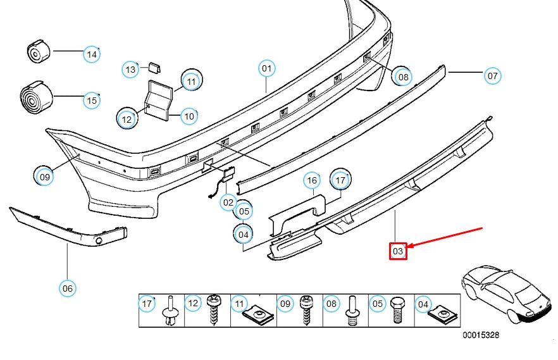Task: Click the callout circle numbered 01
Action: click(266, 68)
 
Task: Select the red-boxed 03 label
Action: click(398, 252)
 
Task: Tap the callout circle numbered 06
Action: click(68, 289)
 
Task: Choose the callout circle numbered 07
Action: click(492, 76)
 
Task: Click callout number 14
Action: click(92, 54)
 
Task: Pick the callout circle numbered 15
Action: click(92, 100)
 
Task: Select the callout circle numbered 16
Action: click(311, 181)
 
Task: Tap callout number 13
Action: click(130, 69)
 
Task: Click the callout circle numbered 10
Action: click(189, 116)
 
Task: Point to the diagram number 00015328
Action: click(480, 335)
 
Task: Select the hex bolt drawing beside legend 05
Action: click(398, 309)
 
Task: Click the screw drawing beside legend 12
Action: click(214, 309)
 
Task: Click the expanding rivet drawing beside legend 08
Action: click(352, 310)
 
